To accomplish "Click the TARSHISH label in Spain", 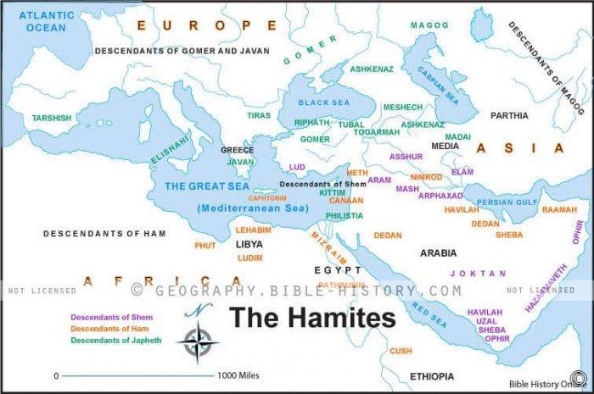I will (x=52, y=118).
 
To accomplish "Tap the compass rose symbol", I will (x=198, y=340).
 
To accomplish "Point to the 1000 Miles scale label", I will (x=238, y=375).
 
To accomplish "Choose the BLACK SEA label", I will (x=322, y=102).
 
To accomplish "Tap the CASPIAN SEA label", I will (x=432, y=80).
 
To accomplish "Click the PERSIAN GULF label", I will (x=507, y=203).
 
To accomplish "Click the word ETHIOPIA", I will (x=432, y=375).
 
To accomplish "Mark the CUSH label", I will (x=401, y=351).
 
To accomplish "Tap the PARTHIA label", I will (x=509, y=115).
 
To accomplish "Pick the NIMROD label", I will (x=426, y=177).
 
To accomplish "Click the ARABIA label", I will (x=438, y=252).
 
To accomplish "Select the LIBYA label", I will (x=249, y=244).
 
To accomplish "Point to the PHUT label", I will (x=205, y=246).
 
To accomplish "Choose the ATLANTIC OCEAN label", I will (x=47, y=21).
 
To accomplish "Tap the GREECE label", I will (x=238, y=150).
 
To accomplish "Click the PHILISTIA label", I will (x=344, y=215).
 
